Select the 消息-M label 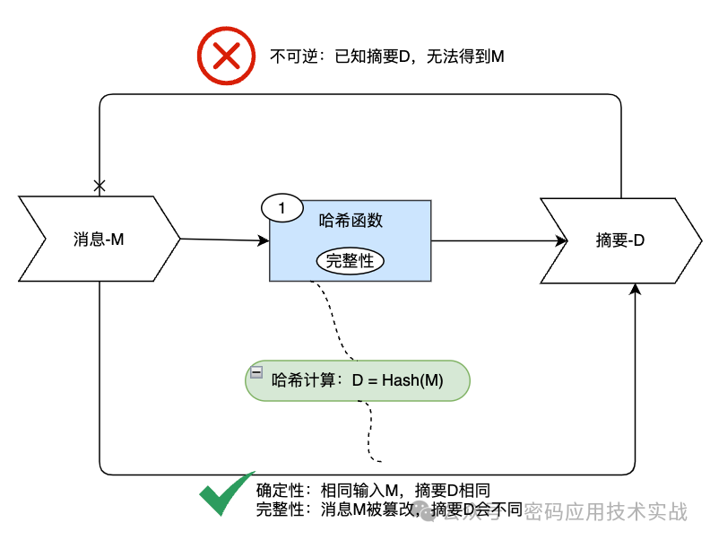[x=98, y=240]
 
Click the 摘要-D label [x=620, y=240]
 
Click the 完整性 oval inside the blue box [x=350, y=260]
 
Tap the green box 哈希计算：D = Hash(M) [x=357, y=379]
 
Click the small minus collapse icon [x=256, y=371]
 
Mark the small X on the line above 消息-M [x=100, y=186]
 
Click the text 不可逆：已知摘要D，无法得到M [x=386, y=57]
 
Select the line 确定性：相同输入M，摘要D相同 [x=373, y=490]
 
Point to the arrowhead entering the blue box [x=264, y=240]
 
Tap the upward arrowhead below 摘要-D [x=636, y=290]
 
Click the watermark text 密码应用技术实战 [x=605, y=511]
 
